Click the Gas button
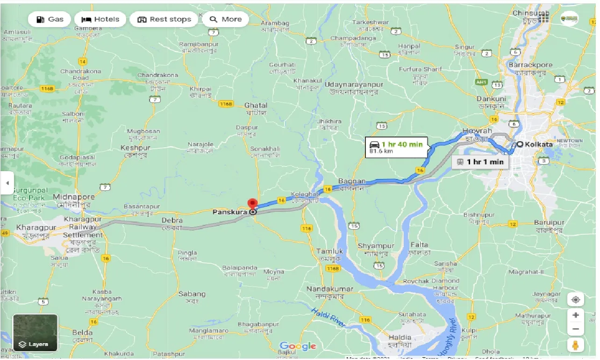click(x=49, y=19)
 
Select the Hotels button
click(x=100, y=19)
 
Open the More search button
click(x=226, y=19)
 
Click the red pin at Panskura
click(x=252, y=205)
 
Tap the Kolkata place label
click(x=538, y=144)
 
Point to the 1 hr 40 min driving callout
click(x=396, y=147)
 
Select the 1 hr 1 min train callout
click(x=480, y=162)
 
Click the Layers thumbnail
click(x=36, y=332)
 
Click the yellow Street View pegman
click(x=576, y=345)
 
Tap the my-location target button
click(x=576, y=300)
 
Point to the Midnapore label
click(x=74, y=197)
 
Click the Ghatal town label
click(x=255, y=105)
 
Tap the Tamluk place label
click(x=329, y=251)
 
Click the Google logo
click(x=298, y=346)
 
